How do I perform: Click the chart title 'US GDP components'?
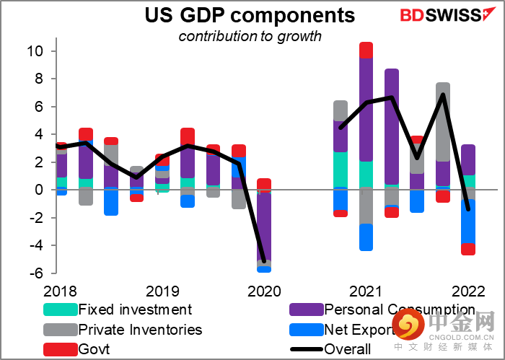click(x=250, y=15)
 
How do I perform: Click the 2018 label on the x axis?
click(x=60, y=291)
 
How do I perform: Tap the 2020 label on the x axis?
click(x=264, y=291)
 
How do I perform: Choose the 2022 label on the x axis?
click(x=467, y=291)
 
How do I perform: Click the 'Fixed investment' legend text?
click(x=135, y=310)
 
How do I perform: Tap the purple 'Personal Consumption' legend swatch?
click(x=305, y=310)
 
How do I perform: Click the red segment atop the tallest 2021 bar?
click(x=366, y=50)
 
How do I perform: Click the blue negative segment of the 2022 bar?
click(x=468, y=222)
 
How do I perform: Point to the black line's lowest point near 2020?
click(x=264, y=261)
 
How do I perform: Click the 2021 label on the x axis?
click(x=366, y=291)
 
